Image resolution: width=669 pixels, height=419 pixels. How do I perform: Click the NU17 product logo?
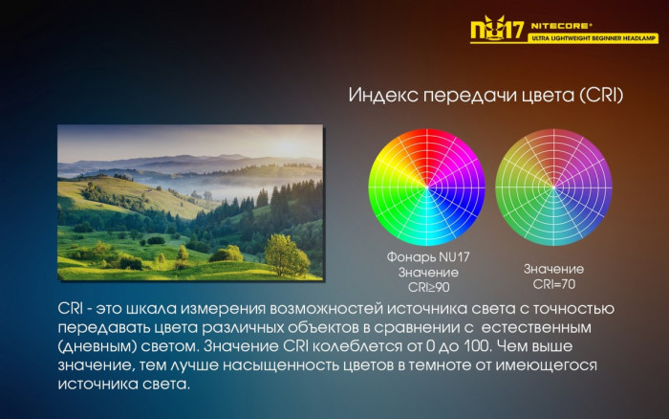pos(495,28)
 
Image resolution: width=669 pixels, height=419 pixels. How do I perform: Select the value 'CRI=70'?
pos(554,284)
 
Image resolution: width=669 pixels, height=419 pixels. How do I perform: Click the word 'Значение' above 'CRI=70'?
pos(554,269)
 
